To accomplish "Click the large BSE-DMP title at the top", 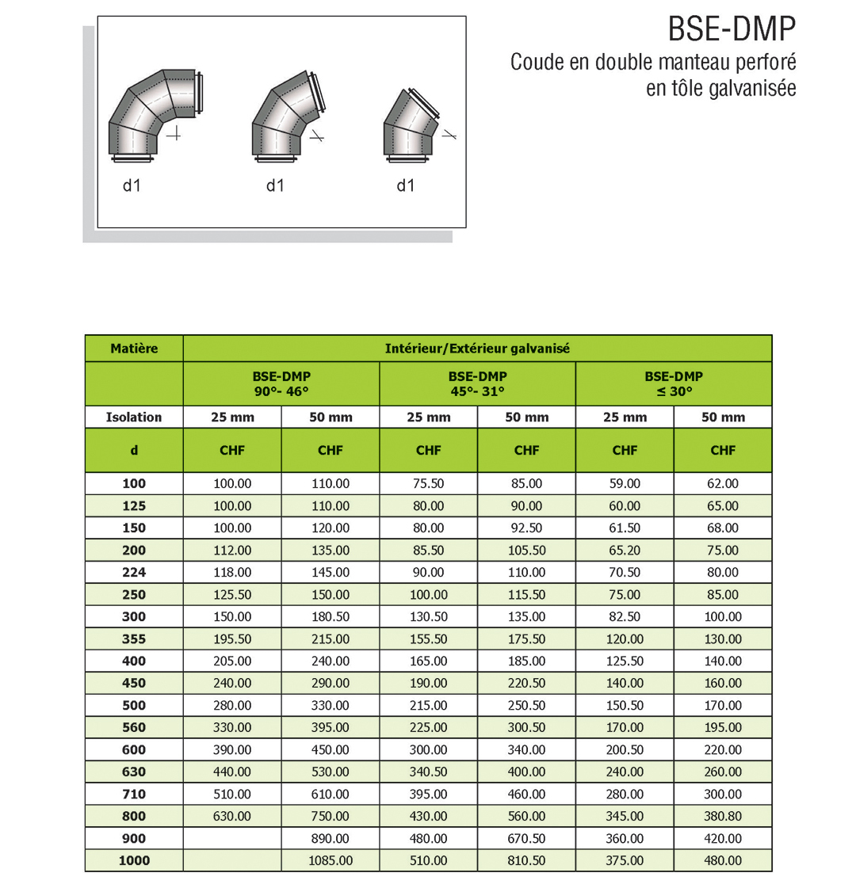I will pos(731,30).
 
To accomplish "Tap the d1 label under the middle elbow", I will pos(275,185).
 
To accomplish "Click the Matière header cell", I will pos(134,349).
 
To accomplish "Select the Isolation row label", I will pos(134,417).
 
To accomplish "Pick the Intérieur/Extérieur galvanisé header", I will pos(477,349).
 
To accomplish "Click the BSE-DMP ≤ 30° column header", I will pos(674,383).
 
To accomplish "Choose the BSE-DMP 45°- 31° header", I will pos(477,383).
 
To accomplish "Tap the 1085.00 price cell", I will pos(331,860).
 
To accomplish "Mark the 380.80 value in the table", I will pos(723,816).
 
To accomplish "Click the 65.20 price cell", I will pos(625,550).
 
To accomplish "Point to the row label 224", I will pos(134,572).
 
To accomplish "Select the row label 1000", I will pos(134,860).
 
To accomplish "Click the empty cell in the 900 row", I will pos(232,838).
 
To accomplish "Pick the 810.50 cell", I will pos(526,860).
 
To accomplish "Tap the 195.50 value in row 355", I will pos(232,638).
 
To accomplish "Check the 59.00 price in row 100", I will pos(625,483).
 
